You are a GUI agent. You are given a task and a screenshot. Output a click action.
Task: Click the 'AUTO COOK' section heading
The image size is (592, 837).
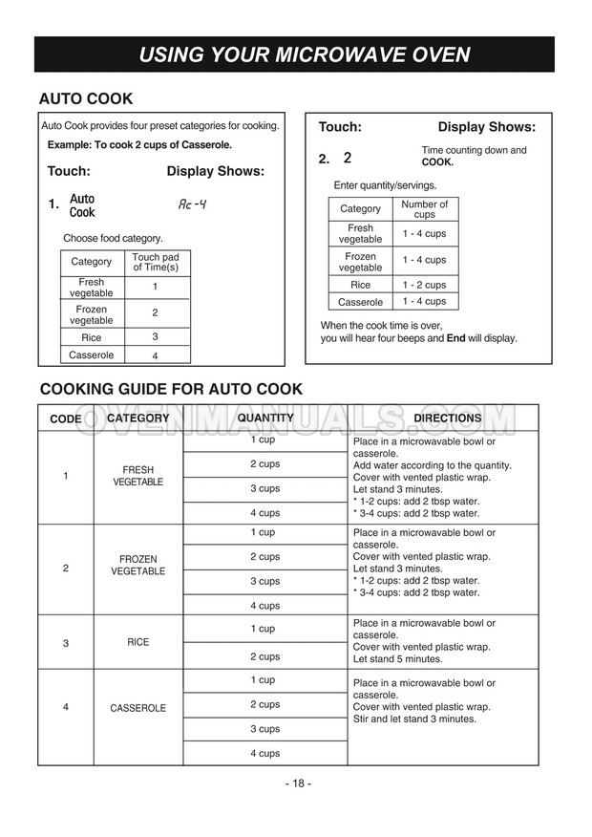(85, 98)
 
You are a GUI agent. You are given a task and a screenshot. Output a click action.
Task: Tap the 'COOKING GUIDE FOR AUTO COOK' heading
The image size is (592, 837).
(170, 389)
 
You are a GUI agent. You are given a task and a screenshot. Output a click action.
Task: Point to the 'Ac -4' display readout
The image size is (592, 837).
(193, 204)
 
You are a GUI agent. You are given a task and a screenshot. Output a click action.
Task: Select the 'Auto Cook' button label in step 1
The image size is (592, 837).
(82, 205)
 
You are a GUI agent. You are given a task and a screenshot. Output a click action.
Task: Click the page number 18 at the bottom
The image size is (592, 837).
(296, 783)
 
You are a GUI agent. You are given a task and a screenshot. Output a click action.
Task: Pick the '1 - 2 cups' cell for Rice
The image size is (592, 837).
(423, 285)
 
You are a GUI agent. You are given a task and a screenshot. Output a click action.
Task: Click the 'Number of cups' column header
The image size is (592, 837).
(424, 209)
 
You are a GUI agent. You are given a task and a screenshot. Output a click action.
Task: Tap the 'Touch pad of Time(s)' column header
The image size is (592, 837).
(155, 263)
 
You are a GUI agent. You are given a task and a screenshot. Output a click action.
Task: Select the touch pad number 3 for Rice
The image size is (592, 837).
(155, 337)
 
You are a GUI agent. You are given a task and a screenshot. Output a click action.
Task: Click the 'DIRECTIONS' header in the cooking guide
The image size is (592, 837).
(447, 418)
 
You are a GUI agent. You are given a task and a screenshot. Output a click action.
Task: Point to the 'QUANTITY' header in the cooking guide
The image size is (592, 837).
(265, 418)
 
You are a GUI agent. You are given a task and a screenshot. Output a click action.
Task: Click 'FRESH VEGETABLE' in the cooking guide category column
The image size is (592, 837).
(137, 476)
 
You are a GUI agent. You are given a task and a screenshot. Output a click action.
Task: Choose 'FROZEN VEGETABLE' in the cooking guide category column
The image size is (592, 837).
(137, 565)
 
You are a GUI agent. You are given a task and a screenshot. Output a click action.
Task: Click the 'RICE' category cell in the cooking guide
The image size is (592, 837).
(137, 642)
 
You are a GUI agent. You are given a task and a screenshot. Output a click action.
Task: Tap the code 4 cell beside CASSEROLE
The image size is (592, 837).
(65, 707)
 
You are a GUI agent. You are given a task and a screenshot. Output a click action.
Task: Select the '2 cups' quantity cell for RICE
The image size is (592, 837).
(264, 656)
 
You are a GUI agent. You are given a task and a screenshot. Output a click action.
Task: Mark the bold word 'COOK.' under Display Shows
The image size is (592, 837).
(437, 162)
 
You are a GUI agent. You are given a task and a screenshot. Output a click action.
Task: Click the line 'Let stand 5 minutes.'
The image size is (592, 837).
(397, 659)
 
